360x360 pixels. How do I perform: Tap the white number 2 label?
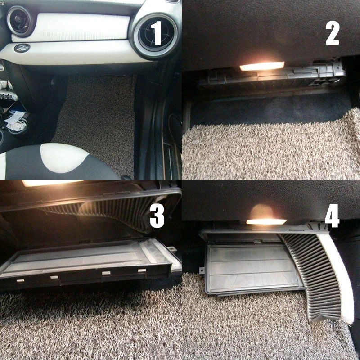tap(333, 32)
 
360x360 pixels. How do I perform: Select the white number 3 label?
tap(157, 216)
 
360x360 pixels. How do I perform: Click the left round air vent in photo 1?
tap(19, 21)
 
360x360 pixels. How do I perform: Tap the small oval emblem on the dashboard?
tap(21, 48)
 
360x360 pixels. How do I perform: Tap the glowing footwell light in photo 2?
tap(262, 67)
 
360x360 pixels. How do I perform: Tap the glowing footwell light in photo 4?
tap(266, 221)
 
